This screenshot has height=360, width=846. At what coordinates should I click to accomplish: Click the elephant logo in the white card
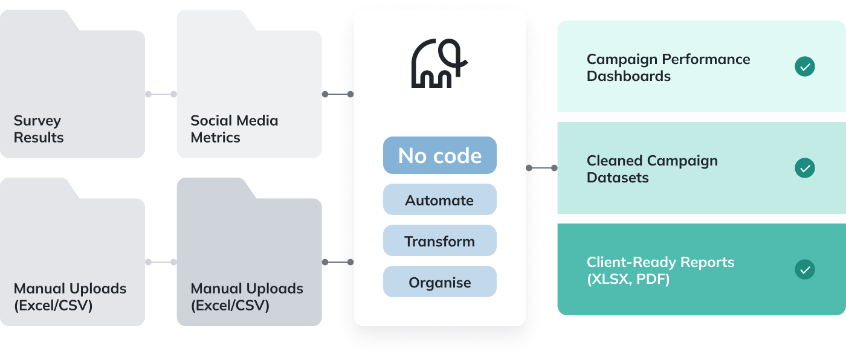pos(439,63)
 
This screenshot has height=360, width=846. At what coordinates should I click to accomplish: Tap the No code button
pos(439,155)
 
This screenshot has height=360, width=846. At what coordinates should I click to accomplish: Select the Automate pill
pos(439,200)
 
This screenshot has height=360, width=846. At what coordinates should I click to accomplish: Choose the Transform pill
pos(439,241)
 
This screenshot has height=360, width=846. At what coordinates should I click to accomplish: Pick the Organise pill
pos(439,282)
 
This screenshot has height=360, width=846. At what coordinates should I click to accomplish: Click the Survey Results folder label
pos(38,129)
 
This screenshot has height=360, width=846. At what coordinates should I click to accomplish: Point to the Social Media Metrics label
pos(234,129)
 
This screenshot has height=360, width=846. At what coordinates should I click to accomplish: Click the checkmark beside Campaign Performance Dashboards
pos(804,66)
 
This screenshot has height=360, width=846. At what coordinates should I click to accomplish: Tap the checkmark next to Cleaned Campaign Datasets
pos(804,168)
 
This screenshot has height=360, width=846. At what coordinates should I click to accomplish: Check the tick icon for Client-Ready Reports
pos(804,269)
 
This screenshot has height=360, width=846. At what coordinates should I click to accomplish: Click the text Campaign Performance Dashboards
pos(668,68)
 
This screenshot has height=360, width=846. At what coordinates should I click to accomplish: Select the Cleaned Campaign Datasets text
pos(652,169)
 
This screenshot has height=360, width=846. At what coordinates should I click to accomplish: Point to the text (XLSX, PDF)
pos(628,279)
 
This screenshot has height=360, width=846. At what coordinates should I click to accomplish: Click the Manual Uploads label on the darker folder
pos(247,297)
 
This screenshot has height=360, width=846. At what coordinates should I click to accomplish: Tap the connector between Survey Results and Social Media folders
pos(161,94)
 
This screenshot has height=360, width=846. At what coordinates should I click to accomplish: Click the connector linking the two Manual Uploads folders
pos(161,262)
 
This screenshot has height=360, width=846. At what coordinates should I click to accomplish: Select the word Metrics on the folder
pos(215,137)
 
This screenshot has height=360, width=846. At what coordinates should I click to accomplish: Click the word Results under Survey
pos(39,137)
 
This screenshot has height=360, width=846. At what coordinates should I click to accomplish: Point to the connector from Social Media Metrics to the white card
pos(338,94)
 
